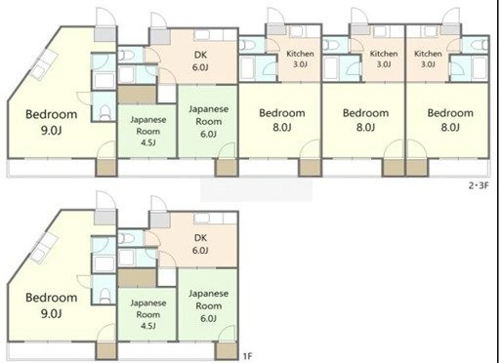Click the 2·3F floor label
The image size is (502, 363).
[479, 185]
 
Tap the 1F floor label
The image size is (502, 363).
[247, 356]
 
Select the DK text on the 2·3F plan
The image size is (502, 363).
[200, 55]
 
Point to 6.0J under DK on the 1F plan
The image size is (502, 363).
[200, 251]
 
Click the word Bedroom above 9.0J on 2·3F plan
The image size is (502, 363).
[52, 114]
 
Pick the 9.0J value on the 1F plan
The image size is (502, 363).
[52, 313]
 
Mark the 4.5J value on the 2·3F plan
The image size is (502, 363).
[147, 142]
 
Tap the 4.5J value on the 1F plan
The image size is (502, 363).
[147, 326]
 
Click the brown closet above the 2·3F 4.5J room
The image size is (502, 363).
[137, 95]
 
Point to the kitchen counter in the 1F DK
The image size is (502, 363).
[216, 218]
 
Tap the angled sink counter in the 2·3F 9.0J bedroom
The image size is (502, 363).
[44, 64]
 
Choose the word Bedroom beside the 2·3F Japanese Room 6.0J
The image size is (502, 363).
[282, 113]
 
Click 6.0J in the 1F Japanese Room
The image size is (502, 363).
[208, 318]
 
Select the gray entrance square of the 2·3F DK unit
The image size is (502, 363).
[160, 36]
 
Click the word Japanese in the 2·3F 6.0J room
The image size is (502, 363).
[208, 109]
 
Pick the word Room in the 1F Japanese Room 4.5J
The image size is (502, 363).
[148, 314]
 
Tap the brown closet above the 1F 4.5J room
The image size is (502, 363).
[137, 278]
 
